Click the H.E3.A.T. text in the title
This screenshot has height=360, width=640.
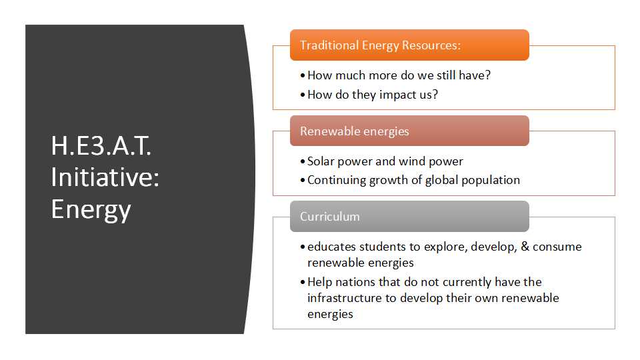click(101, 146)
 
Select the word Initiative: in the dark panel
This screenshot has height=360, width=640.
click(105, 177)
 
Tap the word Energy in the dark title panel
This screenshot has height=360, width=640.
click(91, 210)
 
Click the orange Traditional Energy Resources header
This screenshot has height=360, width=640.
click(409, 45)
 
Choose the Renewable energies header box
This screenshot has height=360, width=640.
click(409, 131)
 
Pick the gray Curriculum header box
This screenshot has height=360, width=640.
click(409, 216)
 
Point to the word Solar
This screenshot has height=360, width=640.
click(321, 161)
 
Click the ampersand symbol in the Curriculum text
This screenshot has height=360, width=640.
click(525, 246)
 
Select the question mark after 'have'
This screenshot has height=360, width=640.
click(488, 75)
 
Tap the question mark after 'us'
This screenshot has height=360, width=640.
click(435, 94)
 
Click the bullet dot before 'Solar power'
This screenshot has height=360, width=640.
click(303, 161)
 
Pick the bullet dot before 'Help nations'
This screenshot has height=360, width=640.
click(303, 282)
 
